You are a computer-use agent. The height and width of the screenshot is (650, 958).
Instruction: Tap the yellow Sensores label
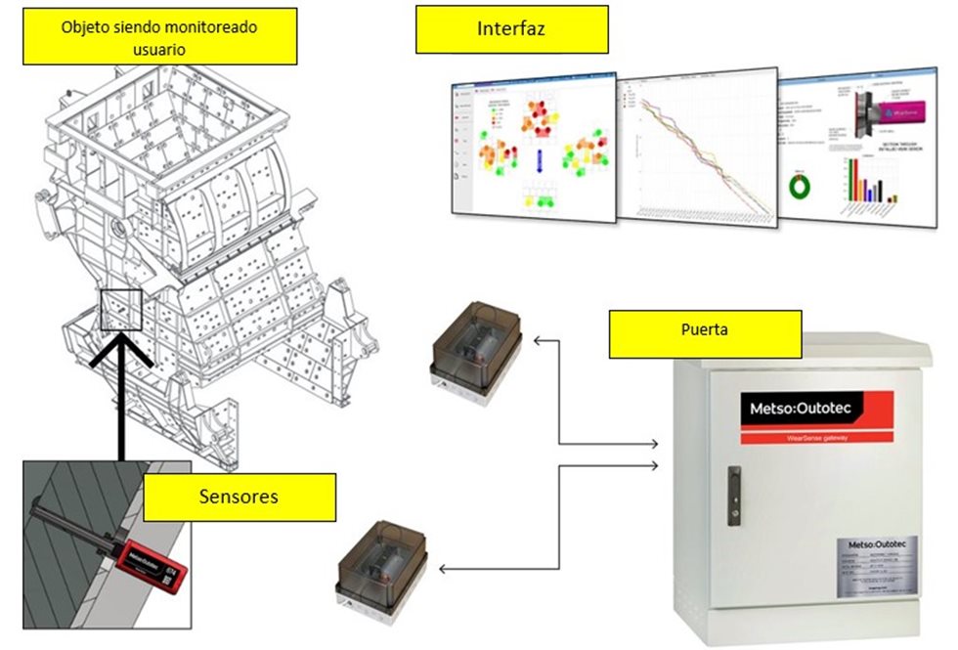pos(239,497)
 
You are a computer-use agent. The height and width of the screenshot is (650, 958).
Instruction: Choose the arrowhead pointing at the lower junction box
pos(444,568)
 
